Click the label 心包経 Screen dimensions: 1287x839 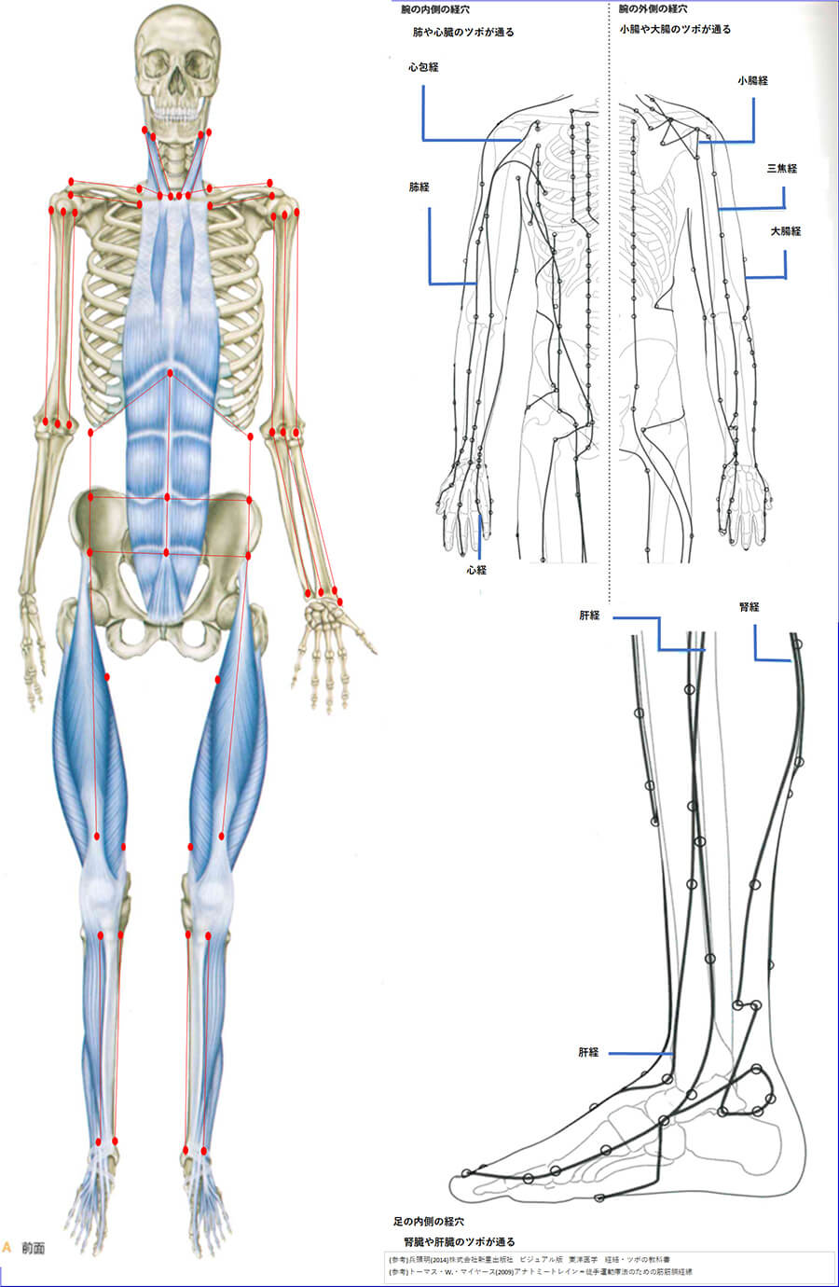point(423,67)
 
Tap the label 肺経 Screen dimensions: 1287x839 point(419,187)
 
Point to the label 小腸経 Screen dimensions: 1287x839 point(752,81)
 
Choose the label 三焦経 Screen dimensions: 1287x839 point(781,169)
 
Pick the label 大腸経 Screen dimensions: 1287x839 point(786,230)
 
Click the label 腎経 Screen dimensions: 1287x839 point(749,607)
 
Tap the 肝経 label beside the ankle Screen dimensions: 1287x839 point(588,1053)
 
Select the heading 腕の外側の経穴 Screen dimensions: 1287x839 point(656,8)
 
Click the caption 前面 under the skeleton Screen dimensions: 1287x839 point(34,1248)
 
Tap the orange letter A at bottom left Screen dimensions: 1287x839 point(7,1247)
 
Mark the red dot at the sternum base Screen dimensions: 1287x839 point(170,373)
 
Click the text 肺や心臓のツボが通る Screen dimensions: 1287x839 point(462,33)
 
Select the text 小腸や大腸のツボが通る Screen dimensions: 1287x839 point(675,30)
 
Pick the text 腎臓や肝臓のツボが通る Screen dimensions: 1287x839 point(459,1242)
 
